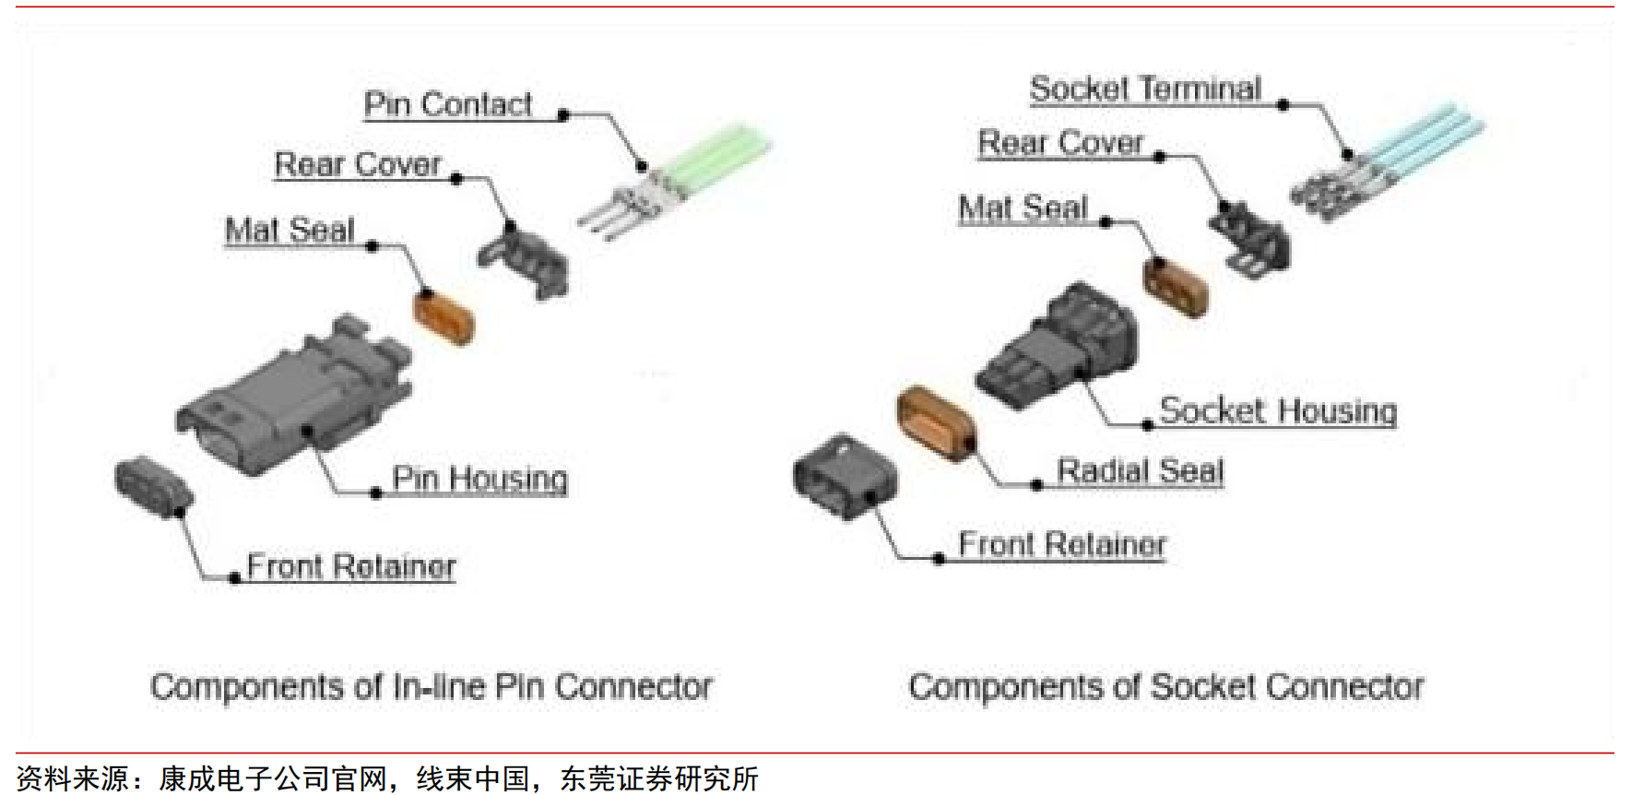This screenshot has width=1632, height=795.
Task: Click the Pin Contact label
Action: tap(447, 104)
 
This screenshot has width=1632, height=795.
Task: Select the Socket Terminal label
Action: tap(1144, 89)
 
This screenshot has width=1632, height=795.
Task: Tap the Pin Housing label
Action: tap(479, 478)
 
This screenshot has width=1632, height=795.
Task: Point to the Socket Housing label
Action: tap(1277, 410)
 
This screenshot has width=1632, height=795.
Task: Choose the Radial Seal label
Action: tap(1140, 470)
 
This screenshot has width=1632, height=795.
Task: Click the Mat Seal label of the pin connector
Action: tap(290, 230)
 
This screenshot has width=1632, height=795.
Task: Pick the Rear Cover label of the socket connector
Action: tap(1060, 143)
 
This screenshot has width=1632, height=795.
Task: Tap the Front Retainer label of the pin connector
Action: tap(351, 565)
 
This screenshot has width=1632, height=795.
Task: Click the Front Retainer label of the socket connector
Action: tap(1062, 544)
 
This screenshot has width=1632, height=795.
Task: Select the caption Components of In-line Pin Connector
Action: tap(431, 687)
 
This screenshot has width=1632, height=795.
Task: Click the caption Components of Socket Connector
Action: tap(1165, 687)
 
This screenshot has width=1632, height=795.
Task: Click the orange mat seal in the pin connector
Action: tap(443, 316)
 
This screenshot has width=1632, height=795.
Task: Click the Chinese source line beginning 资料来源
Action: tap(387, 778)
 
